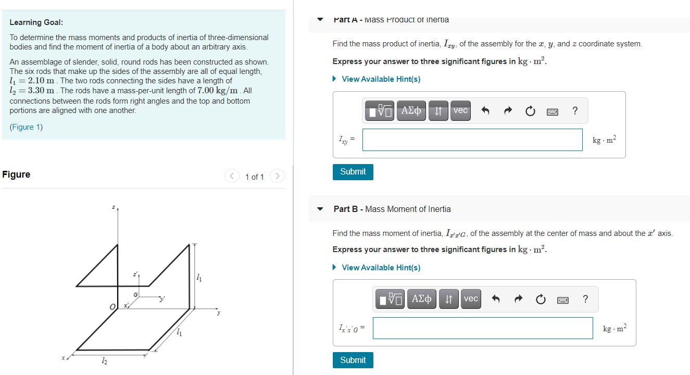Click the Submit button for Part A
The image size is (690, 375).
point(353,171)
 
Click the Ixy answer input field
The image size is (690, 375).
point(472,140)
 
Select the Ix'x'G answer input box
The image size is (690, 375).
point(482,328)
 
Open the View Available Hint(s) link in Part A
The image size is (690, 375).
point(381,79)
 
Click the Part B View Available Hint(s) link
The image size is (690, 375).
point(381,268)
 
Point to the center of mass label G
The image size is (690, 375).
point(135,295)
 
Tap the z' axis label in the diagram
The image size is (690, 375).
point(135,274)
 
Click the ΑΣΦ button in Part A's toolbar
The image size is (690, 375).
point(411,110)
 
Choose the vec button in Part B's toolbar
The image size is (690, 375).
point(471,299)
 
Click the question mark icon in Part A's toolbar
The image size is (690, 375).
point(574,110)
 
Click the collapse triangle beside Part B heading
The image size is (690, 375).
point(321,209)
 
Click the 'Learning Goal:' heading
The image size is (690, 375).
point(36,22)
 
